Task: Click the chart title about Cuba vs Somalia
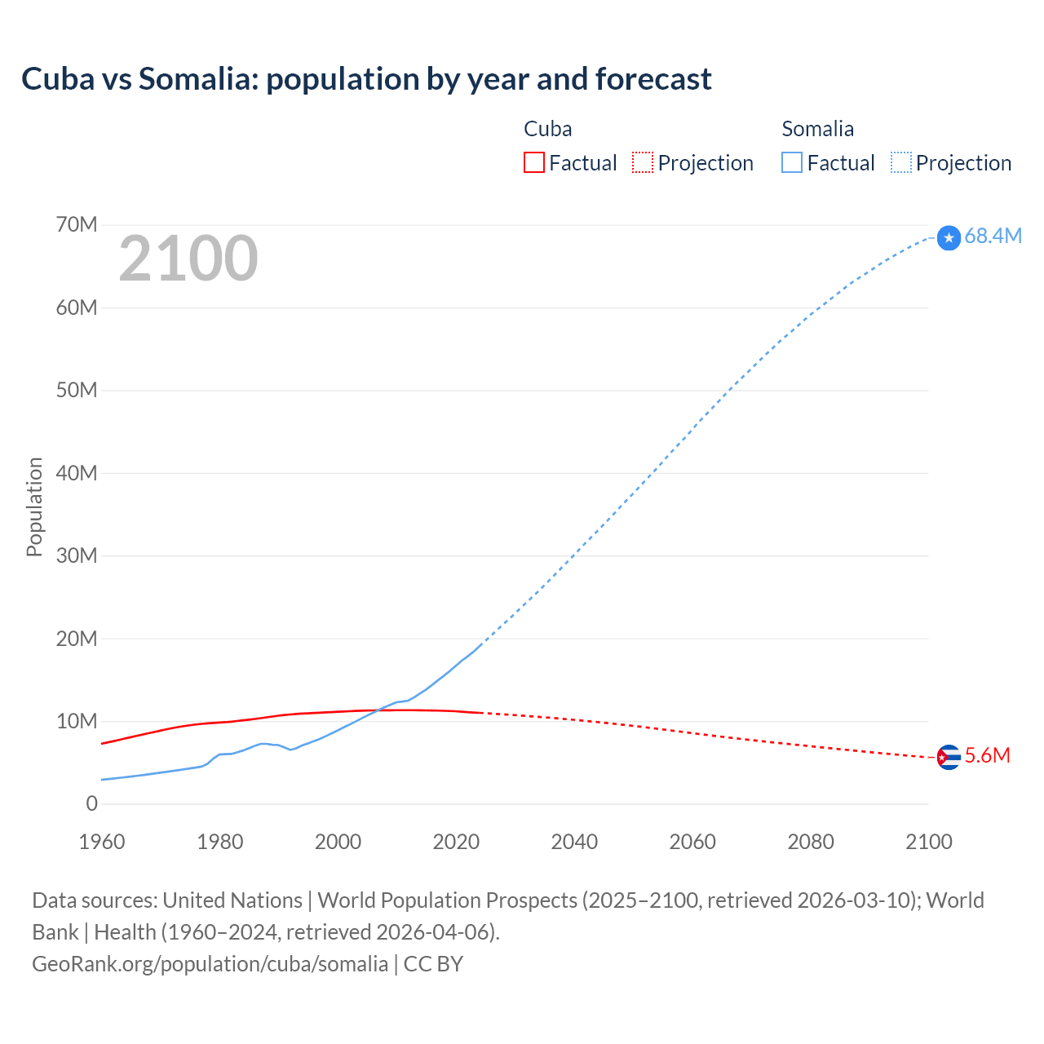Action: pos(366,79)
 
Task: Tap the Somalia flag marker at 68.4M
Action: pos(949,237)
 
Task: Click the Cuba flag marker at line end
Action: pos(949,758)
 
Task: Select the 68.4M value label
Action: pos(993,236)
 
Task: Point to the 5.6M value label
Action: pos(987,756)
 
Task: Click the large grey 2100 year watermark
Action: pos(188,259)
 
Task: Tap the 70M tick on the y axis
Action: pos(77,224)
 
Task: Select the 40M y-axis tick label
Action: pos(77,473)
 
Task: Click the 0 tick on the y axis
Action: pos(91,803)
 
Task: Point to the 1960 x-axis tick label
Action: pos(102,842)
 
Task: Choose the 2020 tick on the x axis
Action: pos(456,842)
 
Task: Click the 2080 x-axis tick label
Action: pos(811,842)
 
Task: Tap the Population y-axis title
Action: pos(34,507)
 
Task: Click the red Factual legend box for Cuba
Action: pos(533,163)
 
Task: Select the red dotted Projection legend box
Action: pos(643,163)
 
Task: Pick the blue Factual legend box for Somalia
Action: pos(792,163)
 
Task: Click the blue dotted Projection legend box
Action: pos(901,163)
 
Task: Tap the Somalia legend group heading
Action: pos(817,129)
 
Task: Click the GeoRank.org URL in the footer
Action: pos(210,964)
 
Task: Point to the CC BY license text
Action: pos(433,964)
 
